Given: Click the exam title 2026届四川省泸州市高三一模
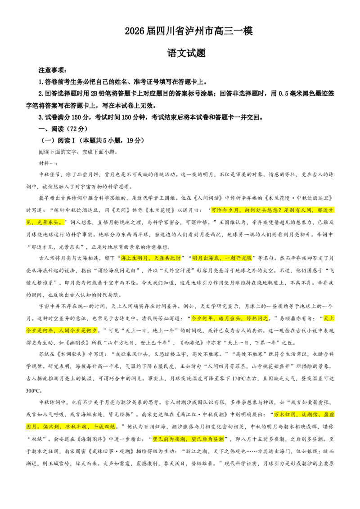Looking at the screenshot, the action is (x=189, y=31).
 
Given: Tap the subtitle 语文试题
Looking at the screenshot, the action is (x=186, y=53).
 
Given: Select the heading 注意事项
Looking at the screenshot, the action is (x=52, y=70).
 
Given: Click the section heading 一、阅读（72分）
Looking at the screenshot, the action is (x=63, y=129).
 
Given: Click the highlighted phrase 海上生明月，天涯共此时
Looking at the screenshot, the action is (x=151, y=258).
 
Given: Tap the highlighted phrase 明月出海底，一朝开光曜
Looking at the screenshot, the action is (x=222, y=258).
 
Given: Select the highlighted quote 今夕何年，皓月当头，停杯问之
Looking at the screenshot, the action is (x=229, y=318).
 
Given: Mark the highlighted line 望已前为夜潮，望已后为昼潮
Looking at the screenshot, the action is (x=189, y=439).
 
